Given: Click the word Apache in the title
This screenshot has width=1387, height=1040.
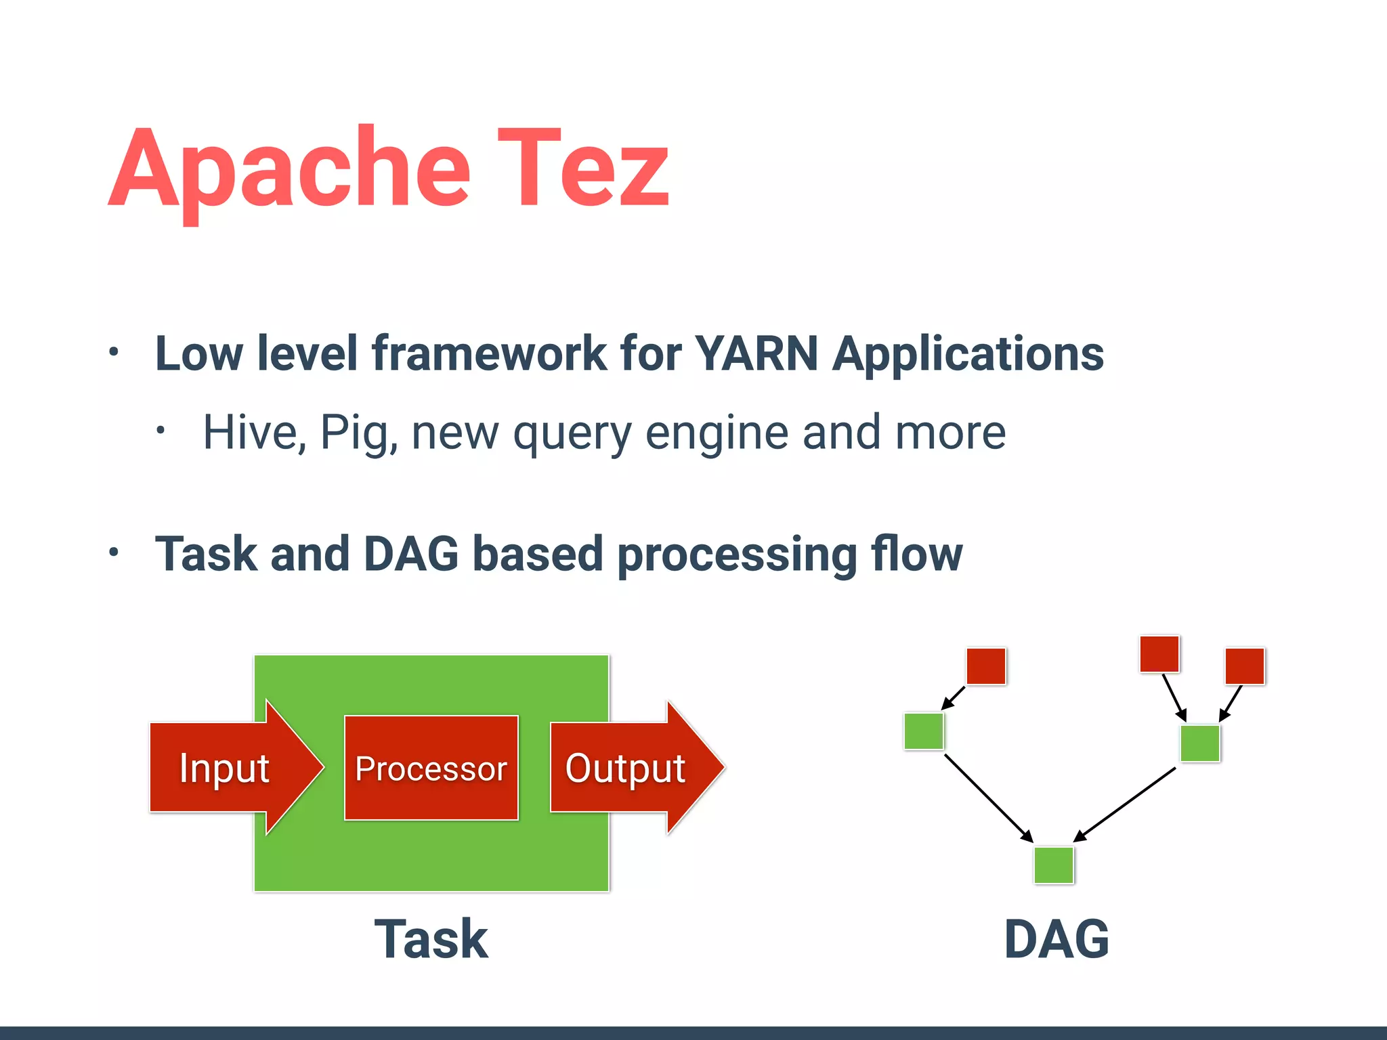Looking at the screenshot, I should point(290,169).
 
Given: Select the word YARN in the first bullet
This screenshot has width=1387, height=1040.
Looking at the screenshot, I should point(756,353).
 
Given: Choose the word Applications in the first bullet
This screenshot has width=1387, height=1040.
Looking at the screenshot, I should point(968,355).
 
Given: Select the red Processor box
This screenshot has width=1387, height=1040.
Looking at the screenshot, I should point(431,768).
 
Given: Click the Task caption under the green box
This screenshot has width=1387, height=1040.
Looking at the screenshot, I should point(431,939).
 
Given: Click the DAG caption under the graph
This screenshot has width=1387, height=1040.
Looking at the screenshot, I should point(1057,939).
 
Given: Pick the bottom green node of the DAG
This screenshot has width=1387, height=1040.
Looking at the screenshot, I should point(1054,865).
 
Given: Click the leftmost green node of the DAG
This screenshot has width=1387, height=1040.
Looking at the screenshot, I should point(924,731).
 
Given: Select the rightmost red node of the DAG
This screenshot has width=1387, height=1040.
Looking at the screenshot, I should point(1245,666).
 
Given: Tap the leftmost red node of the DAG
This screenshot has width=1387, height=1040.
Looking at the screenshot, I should point(986,666).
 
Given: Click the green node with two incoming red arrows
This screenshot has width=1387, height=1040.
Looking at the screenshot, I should point(1200,743).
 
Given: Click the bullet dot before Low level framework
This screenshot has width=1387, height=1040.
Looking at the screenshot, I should point(114,352).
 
